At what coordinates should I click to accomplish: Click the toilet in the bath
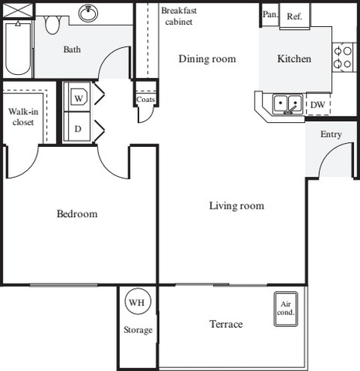click(53, 25)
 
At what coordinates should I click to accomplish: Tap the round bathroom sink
click(88, 13)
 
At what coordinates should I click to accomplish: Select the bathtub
click(18, 49)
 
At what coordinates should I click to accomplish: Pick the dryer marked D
click(77, 127)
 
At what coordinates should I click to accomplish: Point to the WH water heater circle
click(138, 301)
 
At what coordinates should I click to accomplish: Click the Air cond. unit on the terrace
click(286, 309)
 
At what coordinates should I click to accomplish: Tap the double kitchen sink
click(287, 105)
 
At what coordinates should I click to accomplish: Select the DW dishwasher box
click(318, 104)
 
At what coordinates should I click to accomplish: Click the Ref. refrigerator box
click(295, 16)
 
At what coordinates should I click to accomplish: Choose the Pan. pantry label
click(270, 15)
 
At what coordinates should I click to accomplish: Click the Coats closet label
click(145, 100)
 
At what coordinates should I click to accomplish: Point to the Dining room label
click(207, 59)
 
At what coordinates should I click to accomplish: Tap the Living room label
click(236, 206)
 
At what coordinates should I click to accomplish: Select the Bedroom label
click(77, 214)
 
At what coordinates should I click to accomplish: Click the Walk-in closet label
click(23, 117)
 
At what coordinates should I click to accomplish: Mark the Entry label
click(331, 134)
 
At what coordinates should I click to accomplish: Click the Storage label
click(138, 330)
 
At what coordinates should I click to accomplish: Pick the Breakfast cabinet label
click(179, 16)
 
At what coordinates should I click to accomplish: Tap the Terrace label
click(226, 324)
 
